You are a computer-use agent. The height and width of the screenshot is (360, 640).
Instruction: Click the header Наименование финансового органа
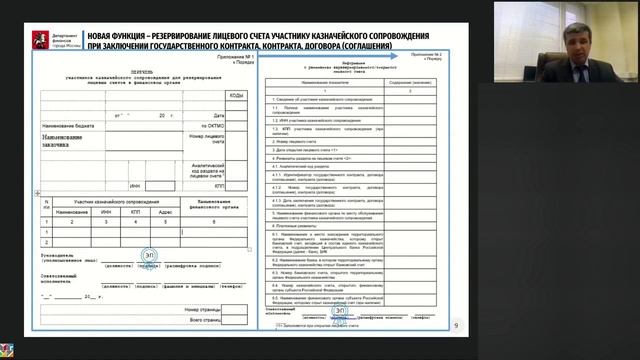click(216, 204)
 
